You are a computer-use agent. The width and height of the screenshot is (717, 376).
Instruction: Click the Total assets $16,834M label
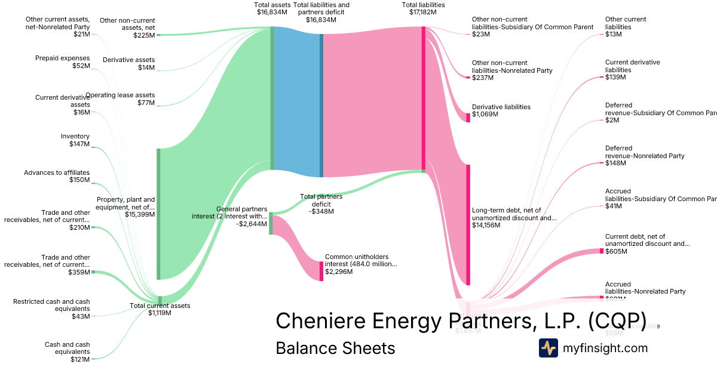pos(272,8)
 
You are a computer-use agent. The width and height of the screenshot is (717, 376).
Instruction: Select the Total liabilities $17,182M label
pos(423,8)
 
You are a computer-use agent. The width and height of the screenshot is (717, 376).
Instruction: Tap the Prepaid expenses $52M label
pos(62,61)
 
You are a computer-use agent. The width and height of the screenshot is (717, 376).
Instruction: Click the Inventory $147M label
pos(75,140)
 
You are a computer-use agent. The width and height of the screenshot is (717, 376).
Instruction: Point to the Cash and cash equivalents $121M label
pos(67,352)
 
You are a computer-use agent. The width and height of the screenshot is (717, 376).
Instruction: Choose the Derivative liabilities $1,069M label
pos(501,110)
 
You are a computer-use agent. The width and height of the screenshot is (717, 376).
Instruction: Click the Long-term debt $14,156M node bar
pos(468,224)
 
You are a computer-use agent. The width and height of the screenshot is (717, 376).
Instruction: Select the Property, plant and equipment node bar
pos(158,214)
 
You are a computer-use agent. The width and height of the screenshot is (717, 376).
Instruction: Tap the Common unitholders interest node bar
pos(321,271)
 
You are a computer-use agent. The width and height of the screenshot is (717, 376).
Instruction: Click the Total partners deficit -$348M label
pos(321,204)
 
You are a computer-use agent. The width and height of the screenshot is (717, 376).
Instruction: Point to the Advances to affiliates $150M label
pos(57,176)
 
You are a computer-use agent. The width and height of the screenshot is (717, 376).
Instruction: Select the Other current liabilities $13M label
pos(625,27)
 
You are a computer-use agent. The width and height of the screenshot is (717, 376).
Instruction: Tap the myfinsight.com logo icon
pos(548,348)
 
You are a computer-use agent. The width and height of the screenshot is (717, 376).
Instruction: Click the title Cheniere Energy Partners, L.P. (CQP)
pos(460,320)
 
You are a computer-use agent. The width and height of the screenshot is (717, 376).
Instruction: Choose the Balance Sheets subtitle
pos(335,348)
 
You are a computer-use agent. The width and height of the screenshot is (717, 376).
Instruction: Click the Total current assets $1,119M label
pos(160,309)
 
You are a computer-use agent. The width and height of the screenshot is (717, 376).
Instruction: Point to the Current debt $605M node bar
pos(602,251)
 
